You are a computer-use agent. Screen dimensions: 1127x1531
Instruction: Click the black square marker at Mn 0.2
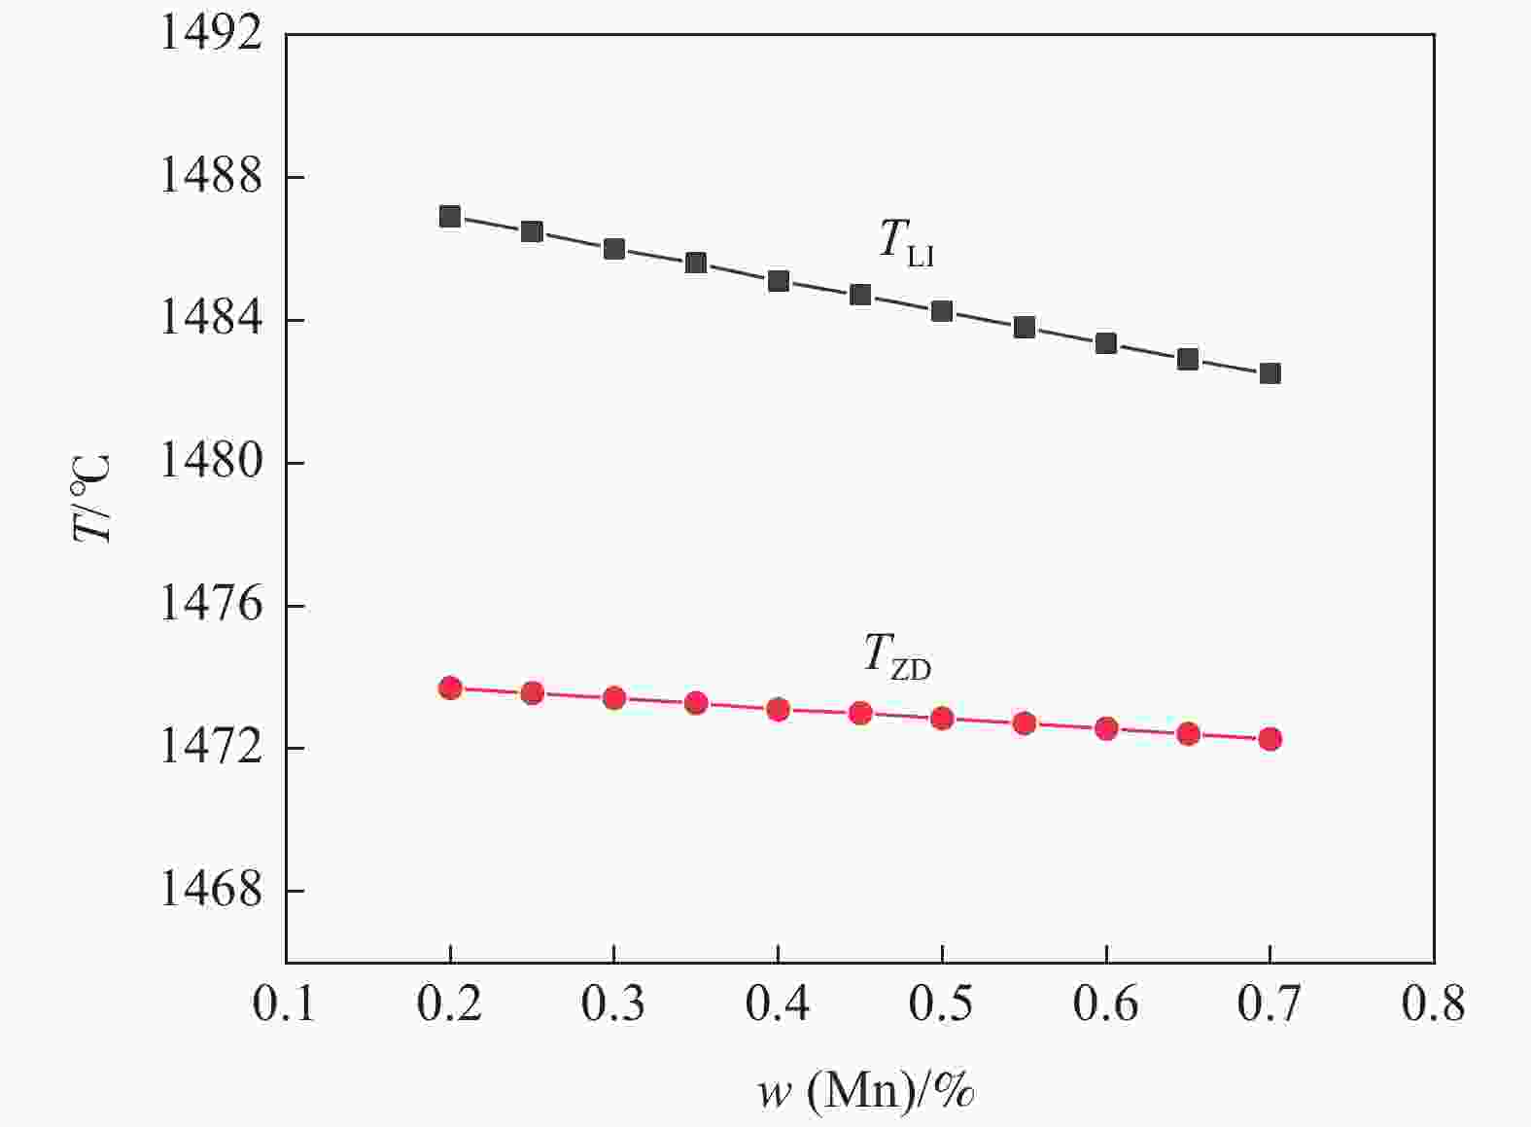pyautogui.click(x=450, y=216)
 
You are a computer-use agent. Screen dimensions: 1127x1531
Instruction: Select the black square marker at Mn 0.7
pyautogui.click(x=1270, y=373)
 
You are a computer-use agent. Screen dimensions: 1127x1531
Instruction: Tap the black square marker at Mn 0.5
pyautogui.click(x=942, y=311)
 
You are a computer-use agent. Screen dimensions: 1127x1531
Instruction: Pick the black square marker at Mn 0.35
pyautogui.click(x=696, y=263)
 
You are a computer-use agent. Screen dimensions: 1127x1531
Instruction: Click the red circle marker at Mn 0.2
pyautogui.click(x=450, y=688)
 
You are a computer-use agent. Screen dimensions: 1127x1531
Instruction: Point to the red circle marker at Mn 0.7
pyautogui.click(x=1270, y=739)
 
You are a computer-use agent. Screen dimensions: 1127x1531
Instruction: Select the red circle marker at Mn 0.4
pyautogui.click(x=778, y=709)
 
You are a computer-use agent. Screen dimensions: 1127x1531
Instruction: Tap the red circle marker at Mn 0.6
pyautogui.click(x=1106, y=728)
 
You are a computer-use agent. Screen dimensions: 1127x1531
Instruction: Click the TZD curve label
pyautogui.click(x=897, y=655)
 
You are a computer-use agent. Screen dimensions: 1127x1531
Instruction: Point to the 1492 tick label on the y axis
pyautogui.click(x=211, y=35)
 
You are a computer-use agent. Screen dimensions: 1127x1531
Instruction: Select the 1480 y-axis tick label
pyautogui.click(x=211, y=463)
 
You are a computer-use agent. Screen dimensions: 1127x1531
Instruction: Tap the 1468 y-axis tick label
pyautogui.click(x=211, y=891)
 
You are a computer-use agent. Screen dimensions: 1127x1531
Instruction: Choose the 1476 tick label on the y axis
pyautogui.click(x=211, y=606)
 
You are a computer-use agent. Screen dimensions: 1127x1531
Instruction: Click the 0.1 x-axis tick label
pyautogui.click(x=285, y=1004)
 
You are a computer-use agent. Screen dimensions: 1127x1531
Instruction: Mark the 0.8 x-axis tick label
pyautogui.click(x=1433, y=1004)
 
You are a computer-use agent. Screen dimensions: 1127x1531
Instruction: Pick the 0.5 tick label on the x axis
pyautogui.click(x=941, y=1004)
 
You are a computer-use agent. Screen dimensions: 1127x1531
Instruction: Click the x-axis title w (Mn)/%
pyautogui.click(x=866, y=1092)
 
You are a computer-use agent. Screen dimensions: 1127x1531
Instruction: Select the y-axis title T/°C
pyautogui.click(x=93, y=498)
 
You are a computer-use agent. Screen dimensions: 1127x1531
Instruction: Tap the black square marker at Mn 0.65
pyautogui.click(x=1188, y=359)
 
